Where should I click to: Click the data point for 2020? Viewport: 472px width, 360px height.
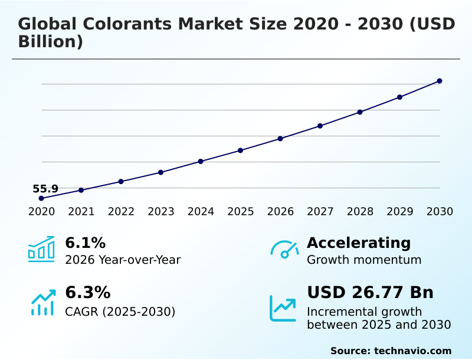pyautogui.click(x=41, y=198)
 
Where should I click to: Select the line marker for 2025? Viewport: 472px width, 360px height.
pyautogui.click(x=241, y=150)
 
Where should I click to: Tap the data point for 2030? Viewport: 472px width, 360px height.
pyautogui.click(x=440, y=81)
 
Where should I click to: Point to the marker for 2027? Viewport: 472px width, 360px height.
pyautogui.click(x=320, y=126)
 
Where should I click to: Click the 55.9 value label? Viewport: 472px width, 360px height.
pyautogui.click(x=45, y=189)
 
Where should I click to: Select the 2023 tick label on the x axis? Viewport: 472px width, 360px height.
pyautogui.click(x=161, y=212)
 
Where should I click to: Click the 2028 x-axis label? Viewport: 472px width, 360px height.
pyautogui.click(x=360, y=212)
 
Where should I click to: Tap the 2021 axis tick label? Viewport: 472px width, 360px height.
pyautogui.click(x=81, y=212)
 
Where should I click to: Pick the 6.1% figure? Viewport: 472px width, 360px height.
pyautogui.click(x=85, y=243)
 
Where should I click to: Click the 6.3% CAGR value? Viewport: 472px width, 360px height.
pyautogui.click(x=87, y=293)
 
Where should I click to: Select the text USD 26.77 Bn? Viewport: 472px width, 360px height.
pyautogui.click(x=370, y=293)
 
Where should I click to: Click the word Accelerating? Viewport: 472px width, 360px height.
pyautogui.click(x=359, y=243)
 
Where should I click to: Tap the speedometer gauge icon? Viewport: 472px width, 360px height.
pyautogui.click(x=284, y=249)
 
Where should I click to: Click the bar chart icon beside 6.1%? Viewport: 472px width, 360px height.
pyautogui.click(x=41, y=249)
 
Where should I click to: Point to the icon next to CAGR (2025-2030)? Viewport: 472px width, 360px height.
pyautogui.click(x=42, y=302)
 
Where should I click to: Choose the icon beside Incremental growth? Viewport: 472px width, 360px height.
pyautogui.click(x=283, y=308)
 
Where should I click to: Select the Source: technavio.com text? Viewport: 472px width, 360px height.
pyautogui.click(x=391, y=351)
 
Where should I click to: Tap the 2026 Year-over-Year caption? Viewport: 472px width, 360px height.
pyautogui.click(x=123, y=260)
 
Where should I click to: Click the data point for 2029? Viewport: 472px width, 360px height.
pyautogui.click(x=399, y=97)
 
